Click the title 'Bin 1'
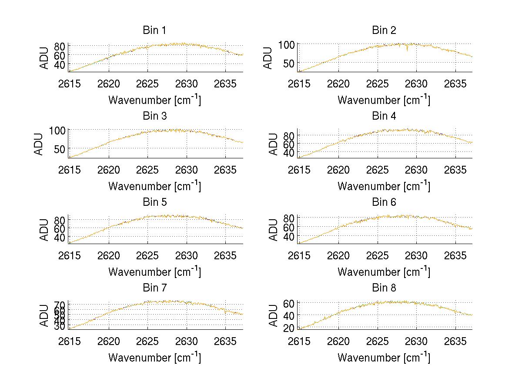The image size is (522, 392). tap(154, 30)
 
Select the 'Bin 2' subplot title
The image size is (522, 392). tap(384, 30)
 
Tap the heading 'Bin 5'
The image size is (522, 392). tap(154, 202)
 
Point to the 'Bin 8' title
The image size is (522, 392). tap(384, 288)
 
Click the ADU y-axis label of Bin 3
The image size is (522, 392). tap(40, 144)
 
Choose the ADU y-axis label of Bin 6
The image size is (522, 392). tap(273, 230)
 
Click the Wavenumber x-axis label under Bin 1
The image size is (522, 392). tap(154, 100)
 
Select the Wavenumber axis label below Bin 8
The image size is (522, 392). tap(384, 358)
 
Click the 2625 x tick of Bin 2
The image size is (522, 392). tap(377, 84)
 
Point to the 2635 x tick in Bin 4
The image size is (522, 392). tap(455, 169)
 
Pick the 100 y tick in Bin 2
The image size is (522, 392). tap(290, 44)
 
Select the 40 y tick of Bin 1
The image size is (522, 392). tap(60, 64)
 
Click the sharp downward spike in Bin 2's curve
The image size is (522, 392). tap(407, 50)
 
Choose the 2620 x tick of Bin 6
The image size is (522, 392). tap(338, 255)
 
